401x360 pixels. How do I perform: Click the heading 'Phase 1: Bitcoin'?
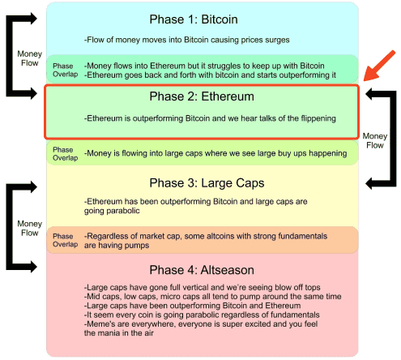(x=194, y=19)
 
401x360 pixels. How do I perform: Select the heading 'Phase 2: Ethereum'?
(x=202, y=96)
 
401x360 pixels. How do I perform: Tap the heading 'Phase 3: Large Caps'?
(x=207, y=183)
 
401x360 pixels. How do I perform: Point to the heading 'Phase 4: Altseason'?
(x=202, y=270)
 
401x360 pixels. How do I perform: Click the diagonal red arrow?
(x=379, y=66)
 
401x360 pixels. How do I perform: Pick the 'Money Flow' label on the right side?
(x=375, y=140)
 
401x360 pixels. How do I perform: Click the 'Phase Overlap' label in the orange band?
(x=65, y=240)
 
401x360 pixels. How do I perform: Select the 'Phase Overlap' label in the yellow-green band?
(x=65, y=154)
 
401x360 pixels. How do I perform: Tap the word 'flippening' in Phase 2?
(x=318, y=118)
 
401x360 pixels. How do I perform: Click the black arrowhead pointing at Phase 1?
(x=33, y=19)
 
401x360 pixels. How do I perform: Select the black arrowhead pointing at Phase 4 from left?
(x=33, y=267)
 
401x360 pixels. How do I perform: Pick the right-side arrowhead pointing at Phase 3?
(x=370, y=183)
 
